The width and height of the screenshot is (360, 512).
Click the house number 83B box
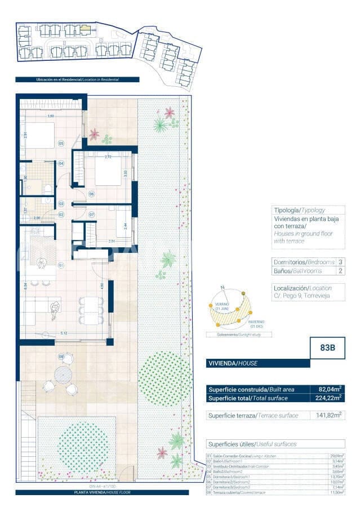point(327,348)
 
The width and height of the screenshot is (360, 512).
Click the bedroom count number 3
point(340,262)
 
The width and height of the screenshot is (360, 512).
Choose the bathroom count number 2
point(340,271)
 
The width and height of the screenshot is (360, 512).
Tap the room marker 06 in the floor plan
point(91,194)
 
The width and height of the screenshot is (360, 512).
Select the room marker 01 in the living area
point(60,264)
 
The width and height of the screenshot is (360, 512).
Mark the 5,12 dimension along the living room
point(65,333)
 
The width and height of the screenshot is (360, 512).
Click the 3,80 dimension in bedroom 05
point(51,116)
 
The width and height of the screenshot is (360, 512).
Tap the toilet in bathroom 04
point(48,188)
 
